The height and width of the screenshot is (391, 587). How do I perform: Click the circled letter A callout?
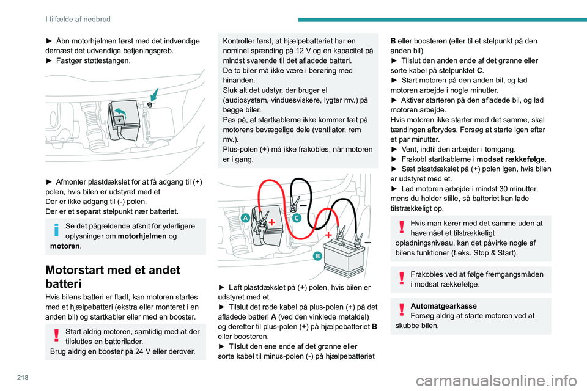tap(244, 218)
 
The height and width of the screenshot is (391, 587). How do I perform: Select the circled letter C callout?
tap(296, 217)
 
